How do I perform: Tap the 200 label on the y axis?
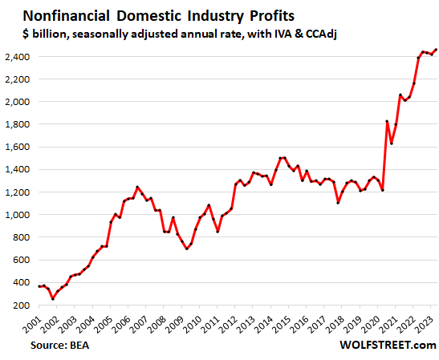(x=23, y=305)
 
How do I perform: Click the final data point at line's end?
(x=436, y=50)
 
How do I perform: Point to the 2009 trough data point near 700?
(x=187, y=249)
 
